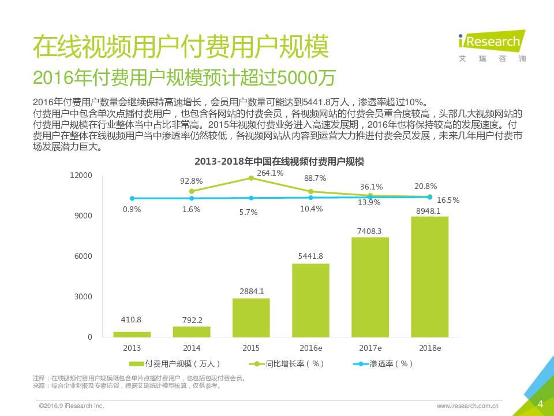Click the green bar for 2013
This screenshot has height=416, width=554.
click(x=132, y=334)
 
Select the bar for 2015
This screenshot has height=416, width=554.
click(x=251, y=317)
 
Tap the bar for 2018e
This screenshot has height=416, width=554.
click(x=429, y=277)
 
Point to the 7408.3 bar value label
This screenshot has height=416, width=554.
click(x=370, y=231)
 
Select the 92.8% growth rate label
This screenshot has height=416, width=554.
click(x=191, y=181)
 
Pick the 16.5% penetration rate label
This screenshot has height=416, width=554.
click(x=448, y=200)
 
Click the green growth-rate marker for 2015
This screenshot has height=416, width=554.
click(x=251, y=178)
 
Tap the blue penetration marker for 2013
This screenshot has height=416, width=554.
click(x=132, y=198)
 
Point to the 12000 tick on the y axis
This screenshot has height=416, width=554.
click(x=81, y=175)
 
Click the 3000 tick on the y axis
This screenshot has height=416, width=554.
click(x=83, y=296)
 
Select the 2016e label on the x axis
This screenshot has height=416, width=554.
click(x=310, y=348)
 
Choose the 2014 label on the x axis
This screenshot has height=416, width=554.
click(x=192, y=348)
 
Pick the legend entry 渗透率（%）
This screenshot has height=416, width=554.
click(x=384, y=364)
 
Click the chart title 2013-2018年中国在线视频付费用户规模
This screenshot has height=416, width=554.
click(x=279, y=161)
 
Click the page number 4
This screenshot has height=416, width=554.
click(x=540, y=403)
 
